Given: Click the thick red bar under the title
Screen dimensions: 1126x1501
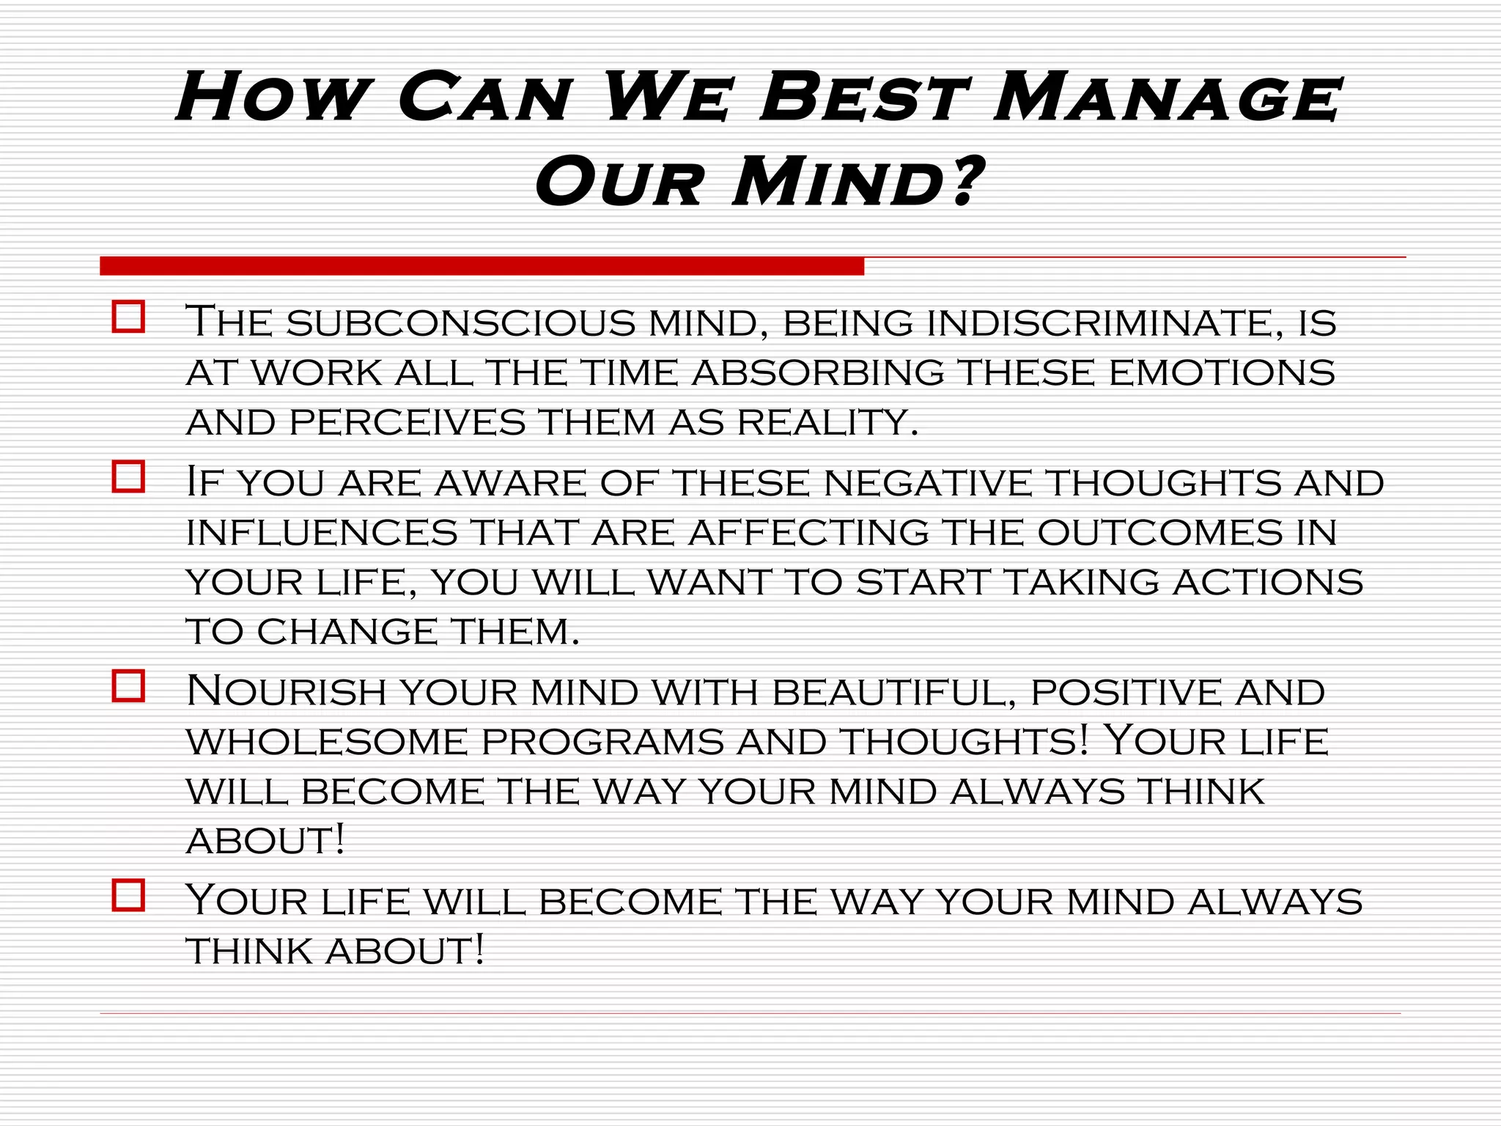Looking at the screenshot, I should (x=482, y=266).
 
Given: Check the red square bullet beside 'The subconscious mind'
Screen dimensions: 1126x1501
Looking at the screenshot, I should (x=128, y=317).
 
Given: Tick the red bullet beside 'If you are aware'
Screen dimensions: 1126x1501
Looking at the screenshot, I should (x=128, y=476).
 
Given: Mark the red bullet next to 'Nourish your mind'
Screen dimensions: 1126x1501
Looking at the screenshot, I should (x=128, y=686).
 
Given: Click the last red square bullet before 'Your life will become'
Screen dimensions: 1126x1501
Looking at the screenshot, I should (x=128, y=895).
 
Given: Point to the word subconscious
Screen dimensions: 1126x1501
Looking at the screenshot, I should (x=461, y=323).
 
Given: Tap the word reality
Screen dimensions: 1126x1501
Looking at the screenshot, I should (x=827, y=422).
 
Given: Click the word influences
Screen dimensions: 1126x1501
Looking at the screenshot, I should (x=322, y=532).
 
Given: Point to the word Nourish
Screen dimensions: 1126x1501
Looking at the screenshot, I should (x=286, y=692).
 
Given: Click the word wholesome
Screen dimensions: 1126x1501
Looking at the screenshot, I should (x=327, y=742).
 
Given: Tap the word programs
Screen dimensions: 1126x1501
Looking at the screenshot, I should (x=602, y=742).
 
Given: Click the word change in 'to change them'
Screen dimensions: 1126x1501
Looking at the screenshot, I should (x=346, y=632).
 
